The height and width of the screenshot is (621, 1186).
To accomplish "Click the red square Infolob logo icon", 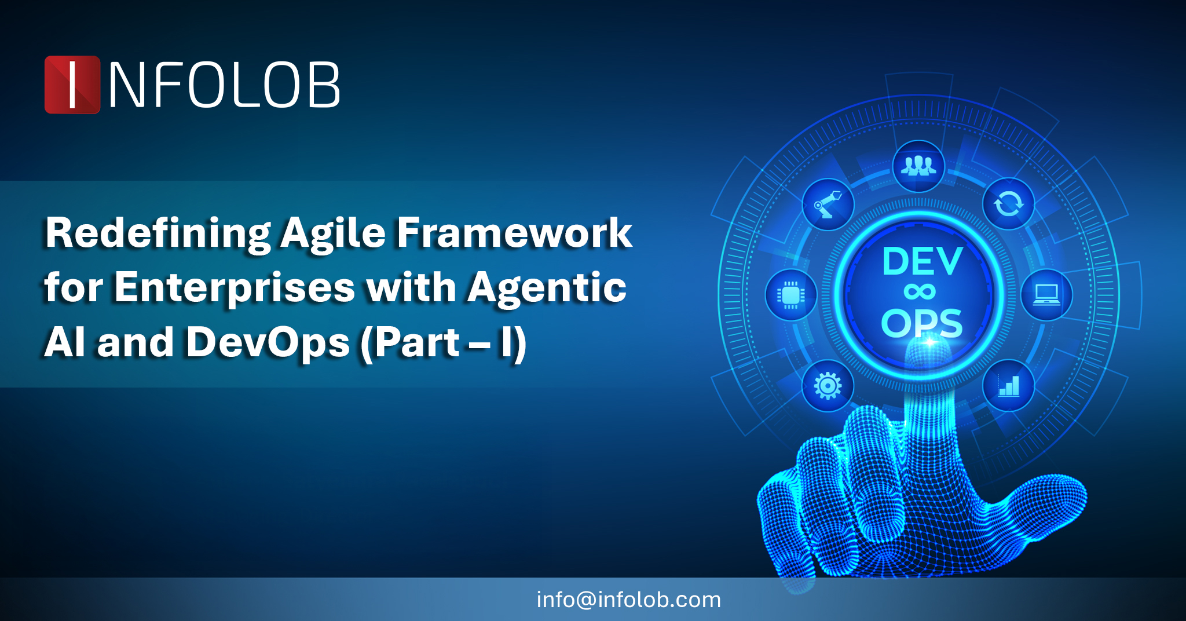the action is click(x=72, y=85).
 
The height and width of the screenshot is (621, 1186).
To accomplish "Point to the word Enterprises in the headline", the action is click(x=235, y=288).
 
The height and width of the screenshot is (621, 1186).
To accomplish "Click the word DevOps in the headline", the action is click(x=268, y=343).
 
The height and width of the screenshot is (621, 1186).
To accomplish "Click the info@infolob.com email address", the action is click(x=629, y=600).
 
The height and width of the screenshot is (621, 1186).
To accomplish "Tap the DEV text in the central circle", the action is click(x=922, y=261).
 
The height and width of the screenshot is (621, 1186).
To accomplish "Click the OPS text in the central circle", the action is click(x=922, y=323).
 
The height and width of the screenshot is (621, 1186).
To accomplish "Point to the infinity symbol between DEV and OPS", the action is click(x=920, y=292).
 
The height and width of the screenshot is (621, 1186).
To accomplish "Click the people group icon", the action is click(x=918, y=166).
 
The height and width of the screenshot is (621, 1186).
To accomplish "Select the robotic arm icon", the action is click(x=828, y=204).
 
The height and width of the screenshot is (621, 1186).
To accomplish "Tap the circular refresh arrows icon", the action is click(x=1009, y=204).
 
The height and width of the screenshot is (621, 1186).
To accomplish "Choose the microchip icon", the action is click(x=791, y=295).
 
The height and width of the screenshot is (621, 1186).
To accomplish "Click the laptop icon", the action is click(x=1046, y=295).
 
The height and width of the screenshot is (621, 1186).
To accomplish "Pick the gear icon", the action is click(x=828, y=386).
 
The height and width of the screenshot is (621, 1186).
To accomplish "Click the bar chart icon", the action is click(x=1009, y=386).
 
